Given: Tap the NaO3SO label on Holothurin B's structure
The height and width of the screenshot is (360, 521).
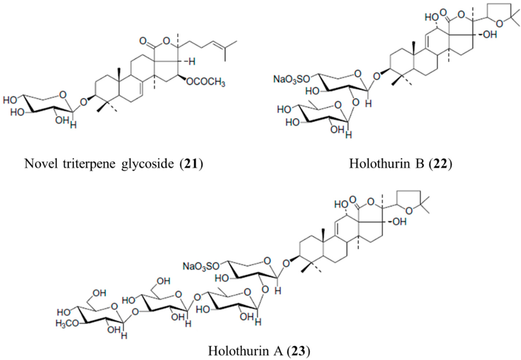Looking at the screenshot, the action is (289, 79).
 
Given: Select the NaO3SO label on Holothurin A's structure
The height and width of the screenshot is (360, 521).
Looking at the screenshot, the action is (200, 266).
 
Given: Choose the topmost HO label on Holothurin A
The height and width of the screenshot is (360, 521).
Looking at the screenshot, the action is (341, 206).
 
